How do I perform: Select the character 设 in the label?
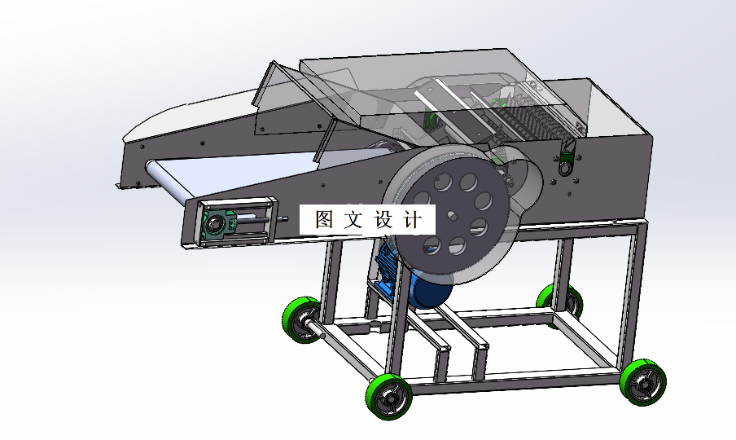tap(384, 219)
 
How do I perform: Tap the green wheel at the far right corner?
tap(643, 382)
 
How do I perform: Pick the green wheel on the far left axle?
tap(302, 319)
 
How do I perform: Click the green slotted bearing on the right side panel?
tap(565, 158)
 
